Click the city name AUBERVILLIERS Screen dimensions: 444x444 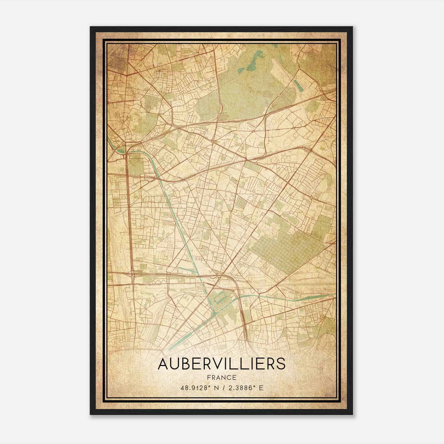221,364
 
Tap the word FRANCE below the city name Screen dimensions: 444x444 221,377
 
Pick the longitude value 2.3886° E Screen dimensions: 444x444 245,388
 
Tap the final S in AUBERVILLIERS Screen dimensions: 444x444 281,364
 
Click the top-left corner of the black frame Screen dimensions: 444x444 91,27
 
